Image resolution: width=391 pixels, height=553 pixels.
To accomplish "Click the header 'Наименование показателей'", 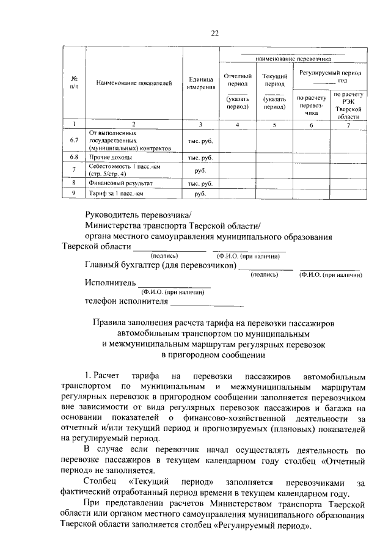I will pos(134,82).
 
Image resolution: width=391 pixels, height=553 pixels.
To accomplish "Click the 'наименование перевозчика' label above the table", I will pos(293,60).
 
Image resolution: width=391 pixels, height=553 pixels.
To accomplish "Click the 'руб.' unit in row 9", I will pos(200,194).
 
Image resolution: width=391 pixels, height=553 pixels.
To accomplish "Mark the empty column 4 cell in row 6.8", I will pos(237,157).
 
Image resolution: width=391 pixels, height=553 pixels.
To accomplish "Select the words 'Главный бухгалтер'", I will pos(121,265).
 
